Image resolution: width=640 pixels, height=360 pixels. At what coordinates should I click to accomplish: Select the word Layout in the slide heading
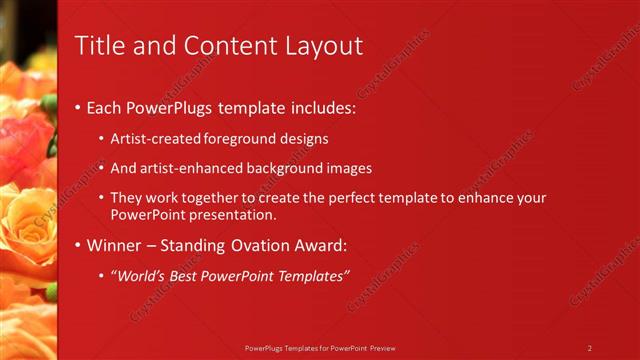[323, 46]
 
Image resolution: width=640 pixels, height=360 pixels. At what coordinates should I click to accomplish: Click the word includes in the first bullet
[320, 106]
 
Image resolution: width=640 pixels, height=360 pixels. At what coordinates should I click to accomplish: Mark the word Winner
[116, 245]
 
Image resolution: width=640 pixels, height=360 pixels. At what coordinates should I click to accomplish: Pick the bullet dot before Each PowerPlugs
[79, 107]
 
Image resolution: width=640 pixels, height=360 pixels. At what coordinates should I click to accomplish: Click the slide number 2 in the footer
[590, 348]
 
